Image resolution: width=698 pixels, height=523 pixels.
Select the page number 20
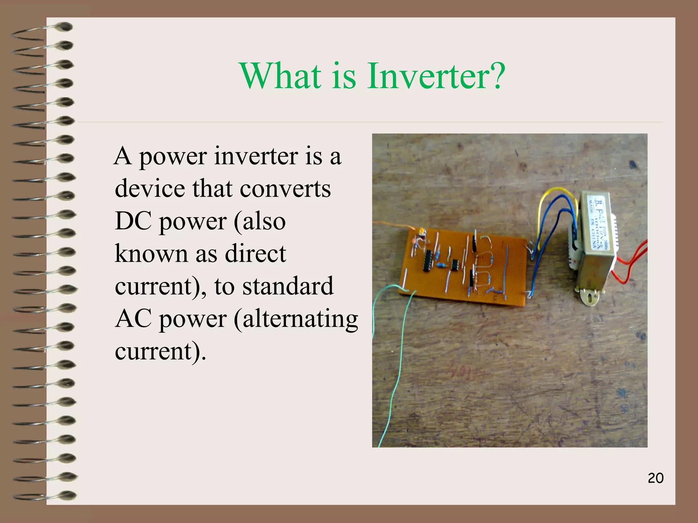655,478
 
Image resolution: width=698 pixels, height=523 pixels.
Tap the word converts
285,189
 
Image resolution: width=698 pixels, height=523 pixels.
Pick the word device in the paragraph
150,189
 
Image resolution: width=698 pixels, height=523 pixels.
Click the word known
151,254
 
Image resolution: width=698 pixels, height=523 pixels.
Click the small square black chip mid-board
454,265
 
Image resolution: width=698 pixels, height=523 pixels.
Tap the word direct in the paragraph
255,254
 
